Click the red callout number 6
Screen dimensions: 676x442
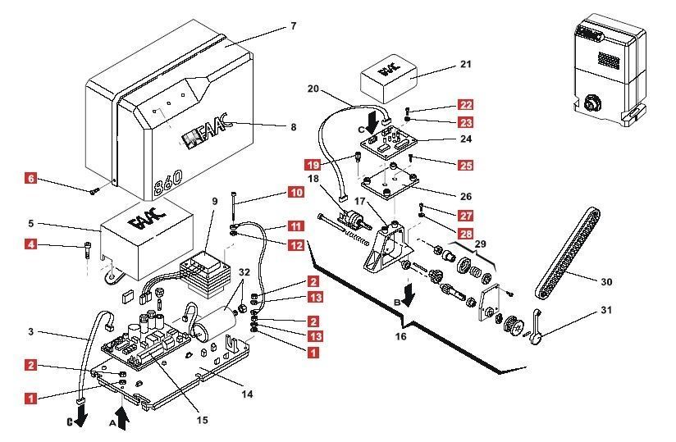point(30,178)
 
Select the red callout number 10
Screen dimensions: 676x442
point(295,192)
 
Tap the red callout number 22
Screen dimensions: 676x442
point(465,105)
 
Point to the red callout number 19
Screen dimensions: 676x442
point(313,165)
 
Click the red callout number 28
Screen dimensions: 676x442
point(465,234)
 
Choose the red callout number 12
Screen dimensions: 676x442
point(295,245)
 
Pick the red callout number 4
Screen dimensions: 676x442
point(30,244)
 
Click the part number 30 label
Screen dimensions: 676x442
point(606,282)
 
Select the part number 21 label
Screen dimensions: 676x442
point(466,64)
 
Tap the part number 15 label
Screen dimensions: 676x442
point(202,420)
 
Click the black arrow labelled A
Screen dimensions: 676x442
point(123,419)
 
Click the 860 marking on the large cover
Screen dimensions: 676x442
point(168,183)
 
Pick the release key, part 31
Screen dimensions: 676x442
point(537,327)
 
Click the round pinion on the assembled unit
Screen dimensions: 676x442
point(589,104)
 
